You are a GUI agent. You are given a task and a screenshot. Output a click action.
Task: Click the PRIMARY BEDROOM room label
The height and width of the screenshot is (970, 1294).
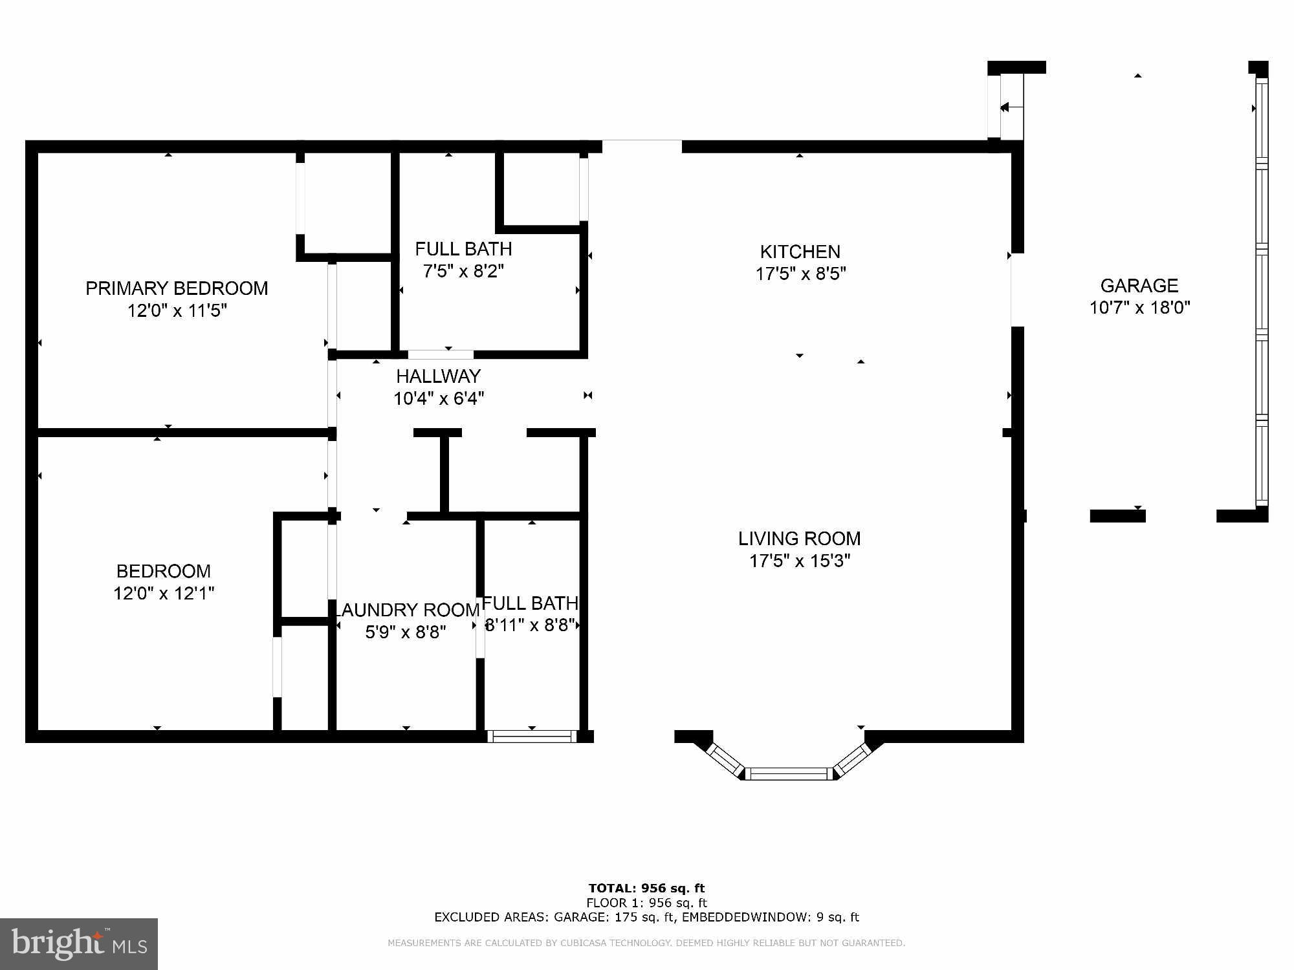[x=177, y=288]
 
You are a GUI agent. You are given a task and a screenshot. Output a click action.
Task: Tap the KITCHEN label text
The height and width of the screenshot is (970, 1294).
[x=800, y=252]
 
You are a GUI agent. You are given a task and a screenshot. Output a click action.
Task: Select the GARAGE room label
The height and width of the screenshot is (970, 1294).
[x=1139, y=285]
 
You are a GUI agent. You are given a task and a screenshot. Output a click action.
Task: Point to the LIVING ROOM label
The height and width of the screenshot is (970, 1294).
[x=800, y=538]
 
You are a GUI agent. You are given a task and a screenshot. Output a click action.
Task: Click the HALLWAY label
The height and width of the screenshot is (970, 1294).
[x=438, y=376]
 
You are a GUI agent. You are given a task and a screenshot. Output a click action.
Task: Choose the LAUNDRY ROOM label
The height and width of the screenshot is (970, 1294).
[x=407, y=610]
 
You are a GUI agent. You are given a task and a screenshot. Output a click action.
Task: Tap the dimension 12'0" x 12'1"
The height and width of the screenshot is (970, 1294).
[x=164, y=593]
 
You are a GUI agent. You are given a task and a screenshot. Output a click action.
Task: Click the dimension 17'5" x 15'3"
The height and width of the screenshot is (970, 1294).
[x=800, y=561]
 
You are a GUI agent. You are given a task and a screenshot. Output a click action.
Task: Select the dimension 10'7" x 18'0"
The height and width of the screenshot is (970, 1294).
[x=1139, y=307]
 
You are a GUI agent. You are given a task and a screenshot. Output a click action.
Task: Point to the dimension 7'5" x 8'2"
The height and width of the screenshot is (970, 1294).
[x=463, y=271]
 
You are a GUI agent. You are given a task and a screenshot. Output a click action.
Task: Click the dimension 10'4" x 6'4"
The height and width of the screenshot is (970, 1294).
[x=438, y=398]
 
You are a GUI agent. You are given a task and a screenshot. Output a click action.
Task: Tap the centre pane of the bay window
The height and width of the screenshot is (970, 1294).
[x=789, y=773]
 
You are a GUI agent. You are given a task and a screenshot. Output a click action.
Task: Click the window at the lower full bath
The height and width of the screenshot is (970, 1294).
[x=532, y=736]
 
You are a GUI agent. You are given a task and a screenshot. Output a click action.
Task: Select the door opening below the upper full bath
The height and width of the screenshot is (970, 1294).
[x=441, y=354]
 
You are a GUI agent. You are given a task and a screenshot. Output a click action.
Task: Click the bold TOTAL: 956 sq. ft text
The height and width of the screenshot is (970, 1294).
[x=646, y=888]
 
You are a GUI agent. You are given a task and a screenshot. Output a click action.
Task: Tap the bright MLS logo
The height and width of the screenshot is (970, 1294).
[x=79, y=943]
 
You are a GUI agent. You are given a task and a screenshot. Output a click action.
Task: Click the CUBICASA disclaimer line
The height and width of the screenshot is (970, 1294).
[x=646, y=943]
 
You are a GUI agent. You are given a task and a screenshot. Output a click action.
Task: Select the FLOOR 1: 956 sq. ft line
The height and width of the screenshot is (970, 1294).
[x=646, y=903]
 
